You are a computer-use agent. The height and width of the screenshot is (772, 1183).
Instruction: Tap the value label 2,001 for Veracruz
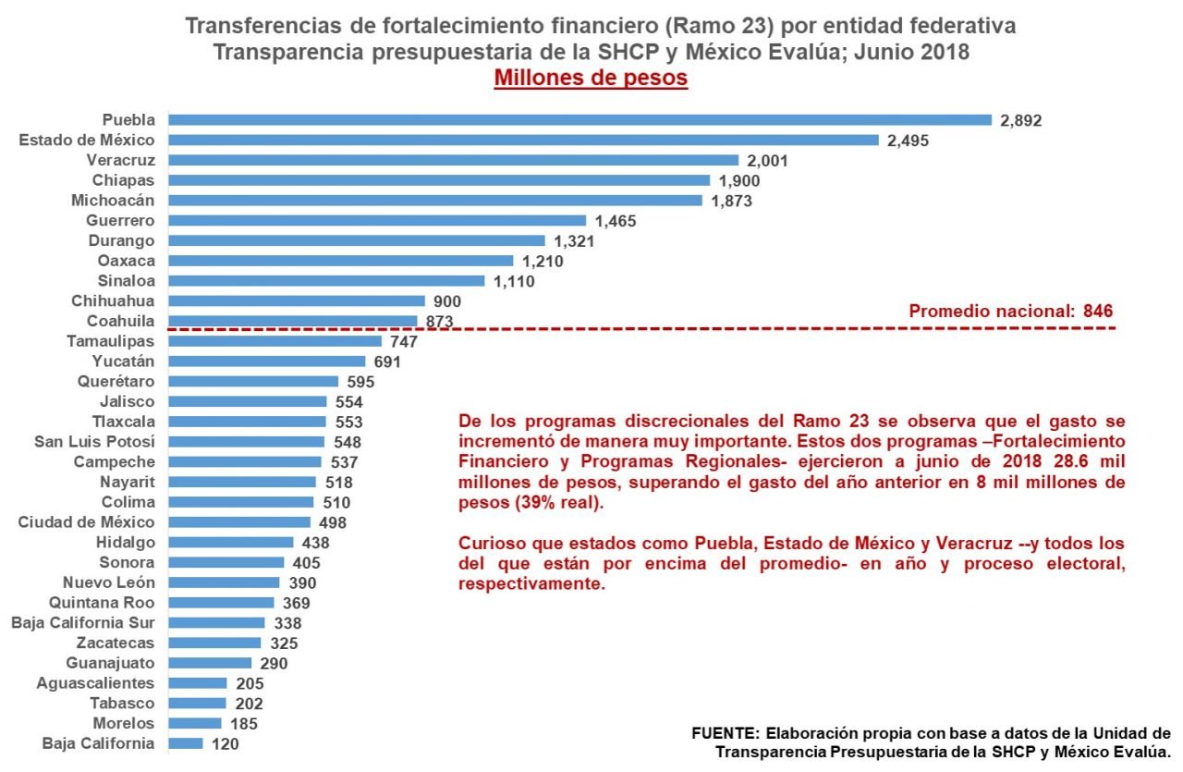769,160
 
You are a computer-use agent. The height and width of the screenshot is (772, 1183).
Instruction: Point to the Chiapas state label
124,179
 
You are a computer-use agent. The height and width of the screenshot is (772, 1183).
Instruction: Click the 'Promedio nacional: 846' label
1011,311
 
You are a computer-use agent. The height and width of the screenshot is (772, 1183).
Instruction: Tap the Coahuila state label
120,321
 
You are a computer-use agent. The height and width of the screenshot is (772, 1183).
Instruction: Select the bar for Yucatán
267,361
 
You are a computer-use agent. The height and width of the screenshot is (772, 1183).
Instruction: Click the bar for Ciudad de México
239,521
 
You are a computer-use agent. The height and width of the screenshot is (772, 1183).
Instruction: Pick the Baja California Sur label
83,622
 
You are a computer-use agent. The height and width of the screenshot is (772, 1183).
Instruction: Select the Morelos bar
195,723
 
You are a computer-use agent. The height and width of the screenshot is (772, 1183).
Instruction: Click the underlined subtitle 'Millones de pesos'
591,78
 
